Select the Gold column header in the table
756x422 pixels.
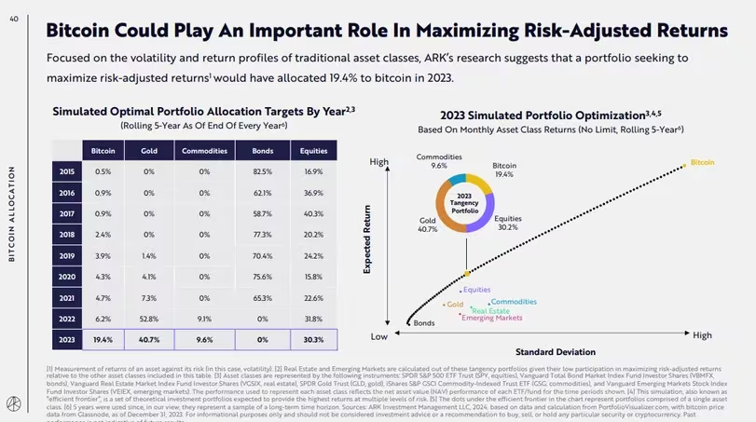pyautogui.click(x=149, y=151)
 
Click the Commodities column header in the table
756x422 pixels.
pyautogui.click(x=204, y=151)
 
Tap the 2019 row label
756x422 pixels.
pyautogui.click(x=67, y=254)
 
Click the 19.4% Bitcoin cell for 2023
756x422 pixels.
pyautogui.click(x=103, y=339)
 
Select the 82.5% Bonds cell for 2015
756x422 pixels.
pyautogui.click(x=262, y=171)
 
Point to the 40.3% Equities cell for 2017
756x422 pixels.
pyautogui.click(x=313, y=213)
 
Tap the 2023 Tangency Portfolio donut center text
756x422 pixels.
pyautogui.click(x=463, y=202)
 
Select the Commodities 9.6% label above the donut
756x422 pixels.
pyautogui.click(x=438, y=161)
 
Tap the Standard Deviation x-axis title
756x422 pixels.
pyautogui.click(x=555, y=352)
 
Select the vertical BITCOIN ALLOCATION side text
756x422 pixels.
pyautogui.click(x=12, y=214)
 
